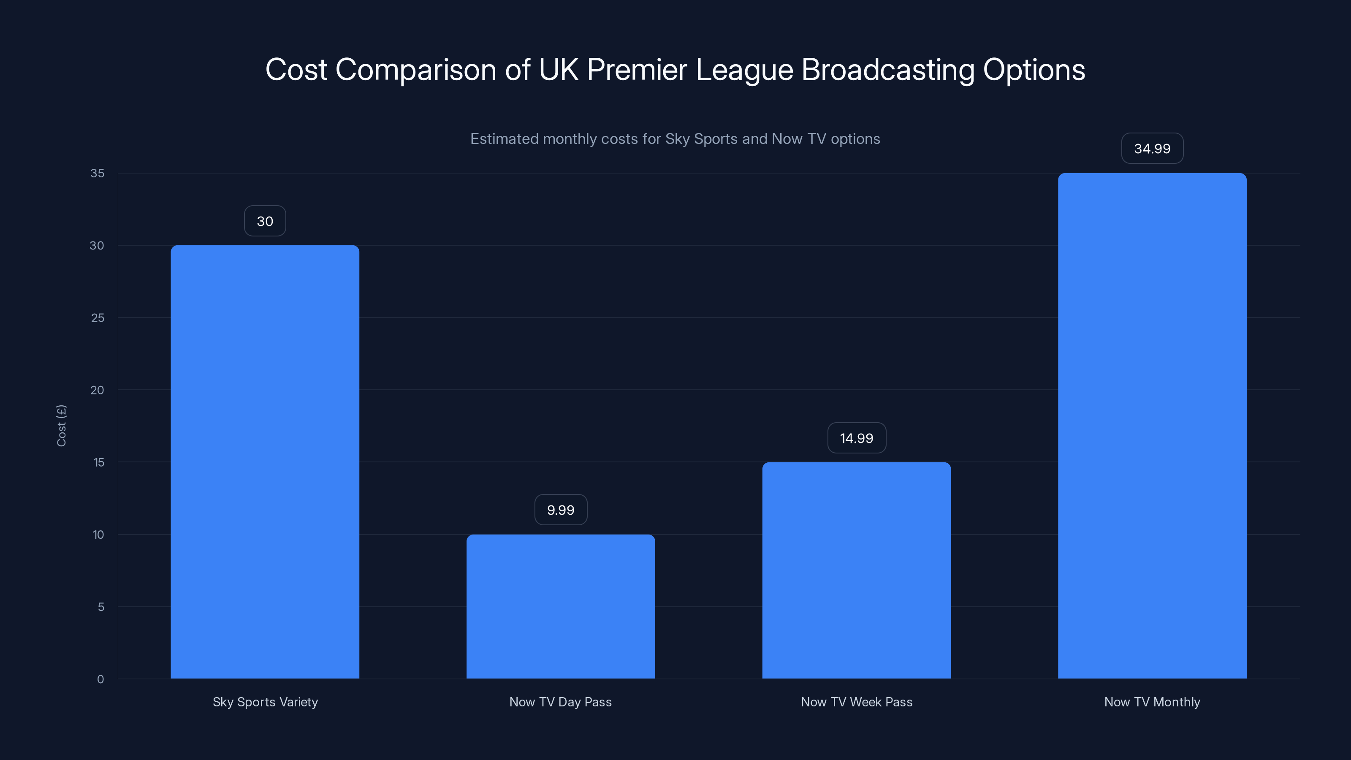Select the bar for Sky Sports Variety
[265, 461]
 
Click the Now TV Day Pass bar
[561, 606]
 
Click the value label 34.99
[1152, 149]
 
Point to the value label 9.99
[561, 510]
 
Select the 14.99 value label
[857, 438]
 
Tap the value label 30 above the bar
[265, 221]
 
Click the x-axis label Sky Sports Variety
[265, 702]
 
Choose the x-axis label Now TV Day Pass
[561, 702]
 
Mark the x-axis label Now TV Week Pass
[857, 702]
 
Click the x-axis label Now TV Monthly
[1152, 702]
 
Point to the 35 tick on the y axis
[98, 173]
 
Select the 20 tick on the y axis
[98, 390]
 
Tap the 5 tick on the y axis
[101, 607]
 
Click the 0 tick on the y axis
[101, 679]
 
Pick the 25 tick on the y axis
[98, 318]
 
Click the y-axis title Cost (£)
[61, 425]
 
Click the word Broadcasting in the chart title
[887, 70]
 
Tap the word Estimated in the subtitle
[504, 139]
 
